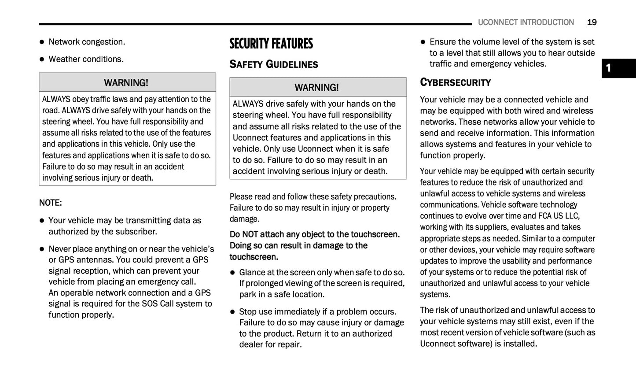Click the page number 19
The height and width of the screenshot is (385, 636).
[x=592, y=22]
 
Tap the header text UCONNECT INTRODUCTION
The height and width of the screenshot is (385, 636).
[x=526, y=22]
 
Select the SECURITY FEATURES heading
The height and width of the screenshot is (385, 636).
[x=271, y=44]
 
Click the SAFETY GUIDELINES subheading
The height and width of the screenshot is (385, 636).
[x=274, y=64]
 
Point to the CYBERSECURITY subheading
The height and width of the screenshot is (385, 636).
[x=455, y=82]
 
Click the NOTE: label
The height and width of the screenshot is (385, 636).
[x=50, y=203]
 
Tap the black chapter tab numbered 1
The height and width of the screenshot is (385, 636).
[x=618, y=68]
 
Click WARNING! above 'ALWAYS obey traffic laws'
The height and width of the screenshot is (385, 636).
[x=126, y=83]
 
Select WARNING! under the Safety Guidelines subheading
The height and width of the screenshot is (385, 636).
[x=317, y=88]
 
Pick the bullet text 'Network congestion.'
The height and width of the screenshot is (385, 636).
[x=87, y=42]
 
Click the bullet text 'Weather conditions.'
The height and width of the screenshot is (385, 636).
[x=86, y=59]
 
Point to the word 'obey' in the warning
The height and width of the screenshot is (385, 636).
[x=81, y=99]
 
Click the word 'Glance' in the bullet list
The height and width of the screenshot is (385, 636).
[x=252, y=272]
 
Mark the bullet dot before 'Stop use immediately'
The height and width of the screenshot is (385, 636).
[x=232, y=312]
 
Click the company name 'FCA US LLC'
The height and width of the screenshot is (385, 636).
[x=558, y=216]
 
